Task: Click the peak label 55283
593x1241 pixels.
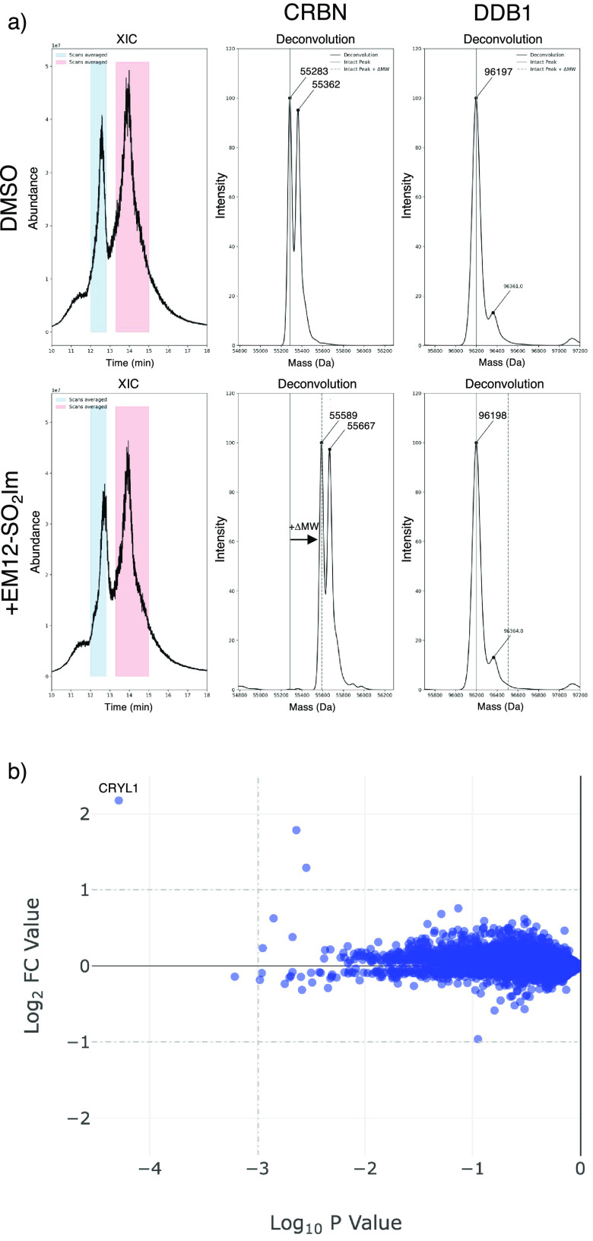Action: (x=314, y=72)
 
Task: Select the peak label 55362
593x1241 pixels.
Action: (x=326, y=84)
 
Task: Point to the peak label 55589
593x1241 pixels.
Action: (x=343, y=416)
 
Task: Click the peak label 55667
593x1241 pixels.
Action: (x=361, y=427)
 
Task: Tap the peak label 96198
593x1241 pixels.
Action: (x=493, y=416)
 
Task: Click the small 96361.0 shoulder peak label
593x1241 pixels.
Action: (x=513, y=287)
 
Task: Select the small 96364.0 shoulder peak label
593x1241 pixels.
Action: (x=513, y=631)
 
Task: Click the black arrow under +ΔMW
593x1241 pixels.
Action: (x=303, y=540)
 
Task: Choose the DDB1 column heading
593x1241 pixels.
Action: (x=503, y=13)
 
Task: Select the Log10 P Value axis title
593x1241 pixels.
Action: (x=335, y=1223)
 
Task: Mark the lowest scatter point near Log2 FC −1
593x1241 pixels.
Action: (x=477, y=1039)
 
